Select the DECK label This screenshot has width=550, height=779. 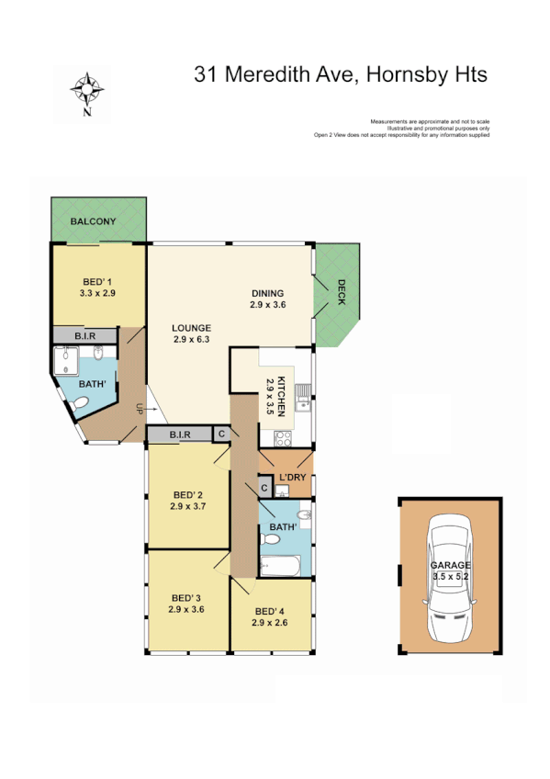point(341,293)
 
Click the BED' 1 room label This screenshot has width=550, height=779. point(96,281)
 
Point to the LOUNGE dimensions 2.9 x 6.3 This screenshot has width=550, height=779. point(191,339)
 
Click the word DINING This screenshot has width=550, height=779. point(268,294)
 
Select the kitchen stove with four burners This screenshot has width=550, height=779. point(284,437)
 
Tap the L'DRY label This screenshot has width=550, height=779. point(292,478)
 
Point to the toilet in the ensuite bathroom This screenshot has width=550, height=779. point(81,404)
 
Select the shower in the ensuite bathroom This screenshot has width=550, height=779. point(67,364)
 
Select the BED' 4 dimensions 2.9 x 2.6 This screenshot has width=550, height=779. point(270,622)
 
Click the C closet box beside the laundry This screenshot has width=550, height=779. point(264,487)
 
